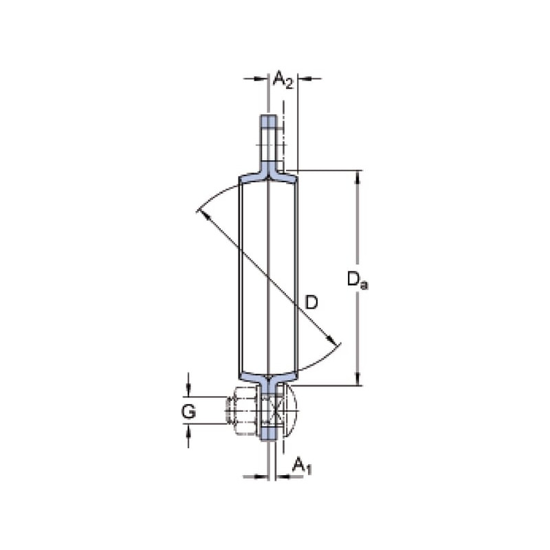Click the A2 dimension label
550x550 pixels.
(x=283, y=79)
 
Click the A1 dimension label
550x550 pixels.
(x=302, y=466)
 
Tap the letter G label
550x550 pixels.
(x=188, y=411)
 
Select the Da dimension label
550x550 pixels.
(x=357, y=280)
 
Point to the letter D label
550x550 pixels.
(x=311, y=302)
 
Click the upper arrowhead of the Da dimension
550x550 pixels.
(x=357, y=177)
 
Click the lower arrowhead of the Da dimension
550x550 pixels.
(x=357, y=379)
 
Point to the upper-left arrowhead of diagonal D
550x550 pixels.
(x=204, y=214)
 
